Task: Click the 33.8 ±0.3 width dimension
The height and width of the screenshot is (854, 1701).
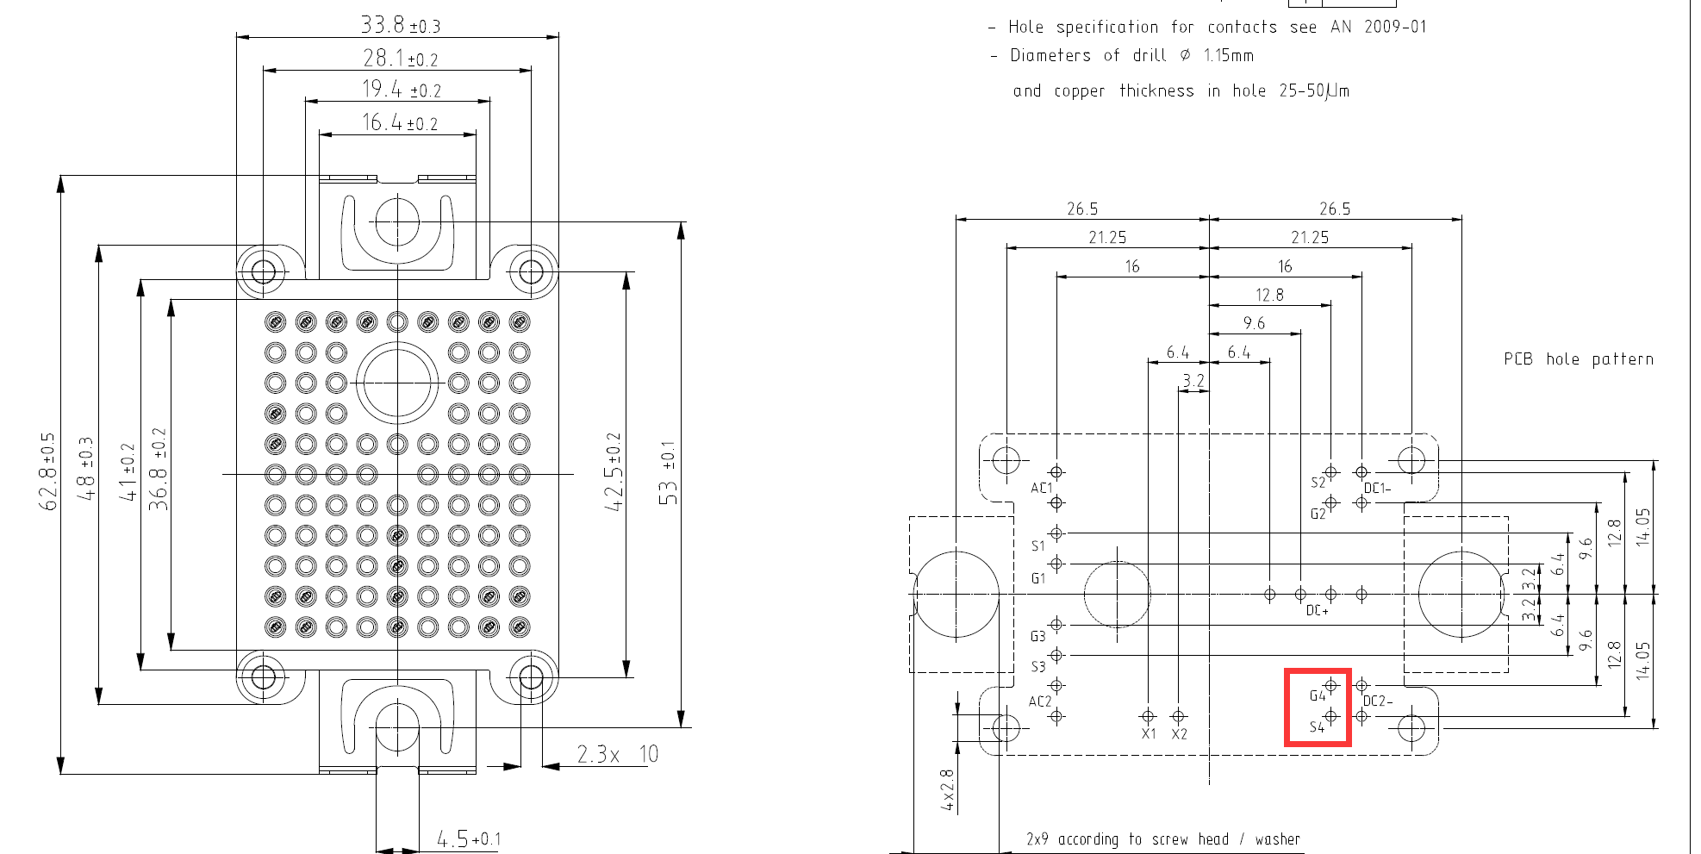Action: pyautogui.click(x=400, y=25)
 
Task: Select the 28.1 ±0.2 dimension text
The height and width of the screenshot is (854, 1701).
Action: pyautogui.click(x=400, y=58)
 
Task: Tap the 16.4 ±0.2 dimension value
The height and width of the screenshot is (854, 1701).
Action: pyautogui.click(x=399, y=122)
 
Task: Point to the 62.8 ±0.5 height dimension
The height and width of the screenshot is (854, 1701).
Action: pyautogui.click(x=48, y=471)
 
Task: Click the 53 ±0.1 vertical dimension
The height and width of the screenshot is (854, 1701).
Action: pyautogui.click(x=668, y=473)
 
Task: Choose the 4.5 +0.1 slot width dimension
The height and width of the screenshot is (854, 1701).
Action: pyautogui.click(x=468, y=838)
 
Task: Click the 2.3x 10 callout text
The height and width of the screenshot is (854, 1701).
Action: pyautogui.click(x=617, y=754)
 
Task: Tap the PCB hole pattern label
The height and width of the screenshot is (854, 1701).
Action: pyautogui.click(x=1579, y=359)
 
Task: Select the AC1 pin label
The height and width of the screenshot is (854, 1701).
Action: pyautogui.click(x=1042, y=488)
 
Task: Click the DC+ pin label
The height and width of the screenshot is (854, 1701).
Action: pyautogui.click(x=1318, y=610)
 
